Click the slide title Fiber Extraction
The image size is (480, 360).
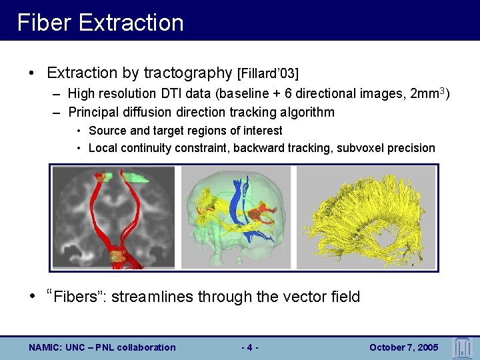click(x=100, y=23)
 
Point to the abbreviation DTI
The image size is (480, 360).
click(x=176, y=94)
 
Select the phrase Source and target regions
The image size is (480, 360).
click(x=151, y=131)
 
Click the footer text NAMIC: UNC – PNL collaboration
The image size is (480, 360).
click(x=102, y=347)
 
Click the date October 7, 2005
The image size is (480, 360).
click(x=403, y=347)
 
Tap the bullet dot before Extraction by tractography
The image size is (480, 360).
click(x=31, y=72)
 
